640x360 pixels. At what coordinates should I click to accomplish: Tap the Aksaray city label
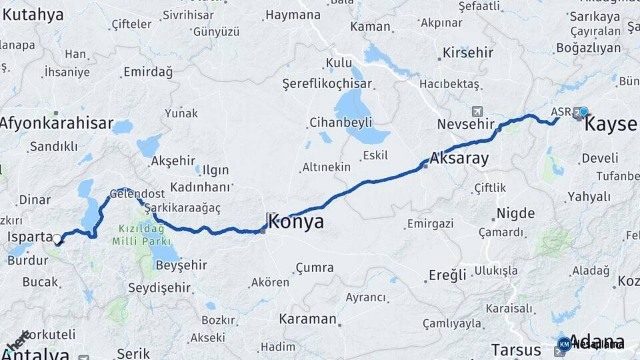459,159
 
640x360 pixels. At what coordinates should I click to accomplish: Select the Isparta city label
29,237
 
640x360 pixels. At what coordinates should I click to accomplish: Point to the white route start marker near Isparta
57,239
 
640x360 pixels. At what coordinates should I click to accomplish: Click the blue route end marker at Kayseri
584,111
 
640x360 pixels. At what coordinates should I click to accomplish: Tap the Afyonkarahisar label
56,123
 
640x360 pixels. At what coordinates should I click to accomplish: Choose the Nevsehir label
465,125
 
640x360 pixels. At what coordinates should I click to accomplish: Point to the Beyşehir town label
181,265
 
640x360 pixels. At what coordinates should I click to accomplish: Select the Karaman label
307,319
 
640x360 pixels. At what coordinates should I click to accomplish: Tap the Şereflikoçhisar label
327,84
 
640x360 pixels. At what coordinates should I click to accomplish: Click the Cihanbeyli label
341,123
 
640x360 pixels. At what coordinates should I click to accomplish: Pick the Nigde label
515,214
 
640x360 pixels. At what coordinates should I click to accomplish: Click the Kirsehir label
468,52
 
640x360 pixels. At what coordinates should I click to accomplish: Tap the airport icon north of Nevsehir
476,111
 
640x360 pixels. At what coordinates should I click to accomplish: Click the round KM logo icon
564,344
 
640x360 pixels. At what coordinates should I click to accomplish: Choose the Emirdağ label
147,71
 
